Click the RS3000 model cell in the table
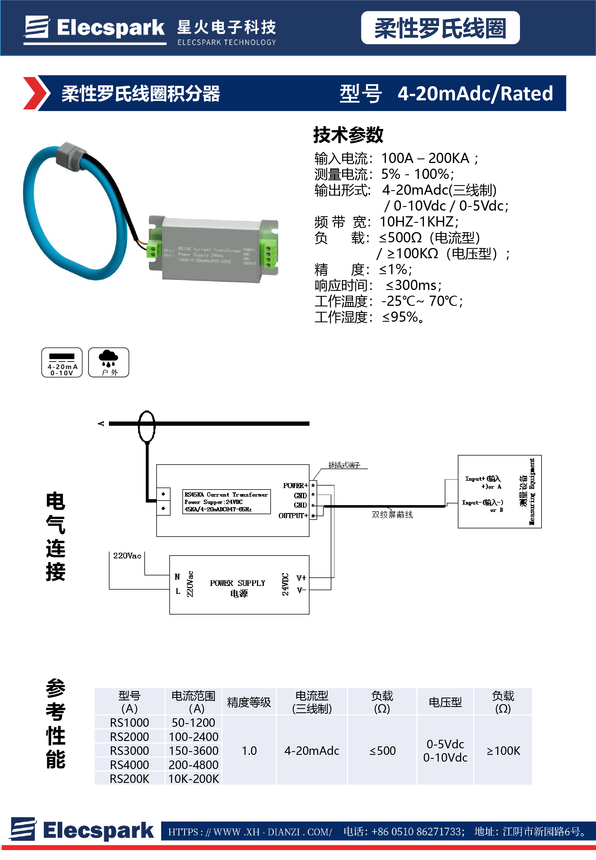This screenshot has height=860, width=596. coord(129,750)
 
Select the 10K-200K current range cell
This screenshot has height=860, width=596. coord(193,779)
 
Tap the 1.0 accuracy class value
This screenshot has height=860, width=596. coord(249,750)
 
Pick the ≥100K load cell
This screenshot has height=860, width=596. coord(503,750)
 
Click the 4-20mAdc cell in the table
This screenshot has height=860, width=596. coord(311,750)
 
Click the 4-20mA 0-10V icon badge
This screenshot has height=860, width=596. coord(62,362)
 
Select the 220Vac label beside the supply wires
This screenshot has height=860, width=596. coord(127,556)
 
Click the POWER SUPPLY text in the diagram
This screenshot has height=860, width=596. coord(237,583)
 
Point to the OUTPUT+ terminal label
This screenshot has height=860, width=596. coord(293,516)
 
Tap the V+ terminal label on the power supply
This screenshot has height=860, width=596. coord(301,578)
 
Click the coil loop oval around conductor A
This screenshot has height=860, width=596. coord(146,426)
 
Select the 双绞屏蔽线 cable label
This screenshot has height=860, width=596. coord(392,514)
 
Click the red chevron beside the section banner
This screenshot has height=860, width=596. coord(35,93)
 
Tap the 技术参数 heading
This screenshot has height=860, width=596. coord(348,135)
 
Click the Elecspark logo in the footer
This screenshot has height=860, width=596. coord(82,830)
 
